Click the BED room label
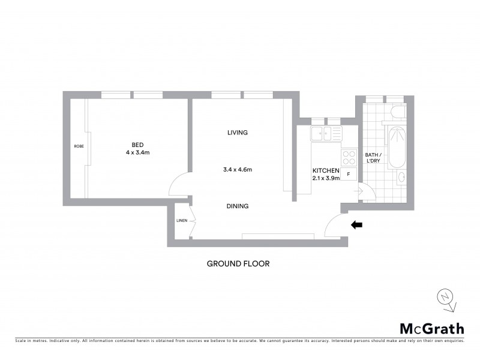(x=137, y=144)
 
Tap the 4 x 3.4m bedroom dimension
(x=137, y=152)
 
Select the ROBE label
(x=78, y=146)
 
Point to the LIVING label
(x=238, y=133)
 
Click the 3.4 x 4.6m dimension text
(x=237, y=170)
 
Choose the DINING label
(x=238, y=206)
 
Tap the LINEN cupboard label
(x=182, y=221)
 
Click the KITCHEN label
(x=326, y=170)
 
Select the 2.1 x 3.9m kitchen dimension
(x=326, y=178)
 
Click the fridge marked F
(x=349, y=174)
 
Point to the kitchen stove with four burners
(x=349, y=157)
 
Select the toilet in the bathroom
(x=397, y=112)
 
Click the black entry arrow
(x=356, y=225)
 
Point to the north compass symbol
(x=445, y=298)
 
